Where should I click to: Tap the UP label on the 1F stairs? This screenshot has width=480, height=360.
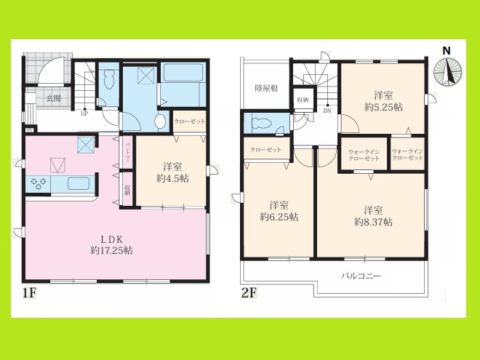(84, 113)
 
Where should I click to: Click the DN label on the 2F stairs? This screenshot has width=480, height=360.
(327, 112)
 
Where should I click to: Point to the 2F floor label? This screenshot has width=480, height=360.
(249, 296)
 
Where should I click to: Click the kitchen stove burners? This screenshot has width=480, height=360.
(37, 184)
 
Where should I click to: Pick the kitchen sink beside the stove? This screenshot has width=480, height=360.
(77, 183)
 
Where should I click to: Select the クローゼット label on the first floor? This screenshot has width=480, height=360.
(190, 121)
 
